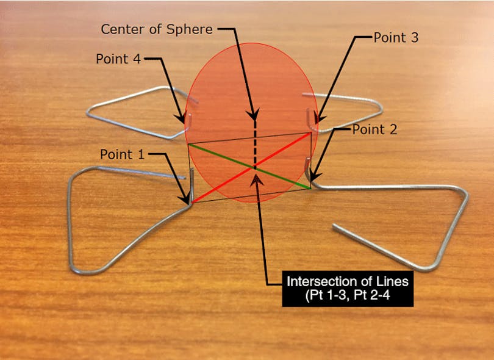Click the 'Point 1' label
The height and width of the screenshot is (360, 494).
(123, 154)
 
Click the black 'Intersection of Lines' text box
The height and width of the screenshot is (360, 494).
(348, 290)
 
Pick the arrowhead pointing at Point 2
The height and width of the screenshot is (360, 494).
(312, 178)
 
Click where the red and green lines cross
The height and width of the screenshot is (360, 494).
(254, 167)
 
